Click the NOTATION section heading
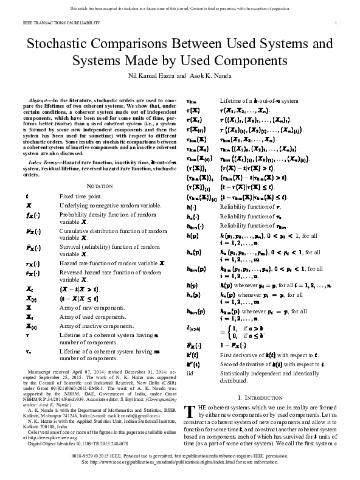coord(99,185)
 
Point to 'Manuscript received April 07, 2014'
coord(67,370)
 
